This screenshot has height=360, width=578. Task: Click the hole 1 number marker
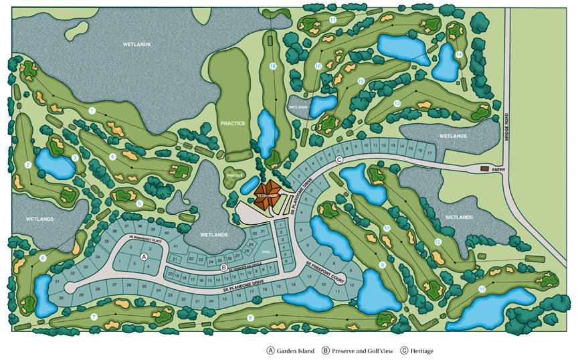click(92, 110)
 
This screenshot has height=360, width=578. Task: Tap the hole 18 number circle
click(273, 66)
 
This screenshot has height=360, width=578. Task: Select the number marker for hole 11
click(482, 288)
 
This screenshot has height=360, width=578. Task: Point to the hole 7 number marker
click(94, 317)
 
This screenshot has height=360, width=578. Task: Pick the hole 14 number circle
click(459, 54)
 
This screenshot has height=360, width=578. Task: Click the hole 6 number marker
click(43, 258)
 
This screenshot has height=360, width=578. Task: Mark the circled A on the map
click(142, 256)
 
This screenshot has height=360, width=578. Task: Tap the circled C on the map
click(339, 159)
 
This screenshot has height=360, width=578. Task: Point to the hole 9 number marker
click(383, 265)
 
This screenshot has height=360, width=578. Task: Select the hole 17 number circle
click(332, 20)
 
